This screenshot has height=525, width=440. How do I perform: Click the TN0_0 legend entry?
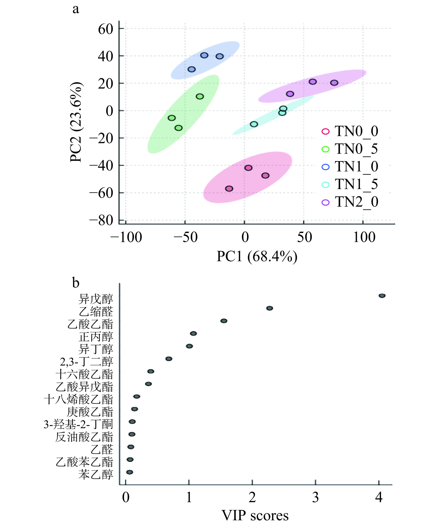tap(350, 132)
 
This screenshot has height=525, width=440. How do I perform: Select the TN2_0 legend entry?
tap(350, 202)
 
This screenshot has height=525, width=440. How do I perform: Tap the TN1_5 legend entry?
tap(350, 184)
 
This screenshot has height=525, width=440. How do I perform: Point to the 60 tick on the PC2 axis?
tap(106, 29)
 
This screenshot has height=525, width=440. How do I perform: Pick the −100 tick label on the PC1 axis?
tap(126, 237)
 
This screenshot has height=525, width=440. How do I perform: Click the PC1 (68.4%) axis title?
tap(257, 257)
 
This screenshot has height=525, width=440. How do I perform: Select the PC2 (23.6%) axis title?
tap(76, 122)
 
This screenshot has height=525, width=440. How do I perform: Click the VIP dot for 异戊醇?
tap(382, 296)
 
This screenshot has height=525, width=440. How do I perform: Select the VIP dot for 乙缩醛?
tap(270, 308)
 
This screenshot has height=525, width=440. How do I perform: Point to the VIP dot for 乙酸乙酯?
tap(224, 321)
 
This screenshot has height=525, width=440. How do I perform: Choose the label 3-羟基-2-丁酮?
tap(78, 424)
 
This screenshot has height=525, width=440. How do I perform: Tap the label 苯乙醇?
tap(96, 474)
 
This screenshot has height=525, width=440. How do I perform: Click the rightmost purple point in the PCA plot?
tap(334, 83)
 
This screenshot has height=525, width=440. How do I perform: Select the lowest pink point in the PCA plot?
tap(229, 189)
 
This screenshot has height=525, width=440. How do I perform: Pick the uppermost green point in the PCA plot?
tap(200, 96)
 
